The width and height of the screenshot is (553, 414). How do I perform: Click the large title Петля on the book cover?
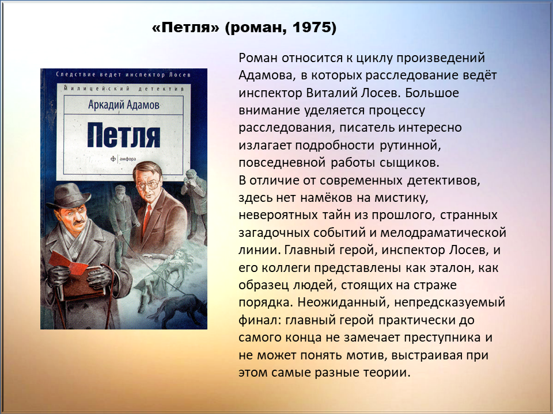point(124,135)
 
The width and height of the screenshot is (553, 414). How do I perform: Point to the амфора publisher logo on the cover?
point(123,159)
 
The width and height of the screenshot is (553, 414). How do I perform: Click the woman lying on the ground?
point(166,271)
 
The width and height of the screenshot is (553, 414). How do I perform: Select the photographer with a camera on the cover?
point(195,204)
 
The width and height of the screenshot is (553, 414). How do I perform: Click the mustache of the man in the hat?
point(78,222)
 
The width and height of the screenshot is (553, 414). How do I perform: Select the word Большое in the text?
point(432,93)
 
